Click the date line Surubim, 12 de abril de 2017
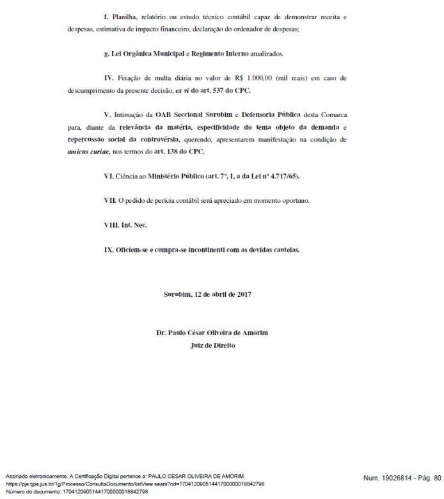[x=208, y=295]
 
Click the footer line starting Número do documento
[x=77, y=491]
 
